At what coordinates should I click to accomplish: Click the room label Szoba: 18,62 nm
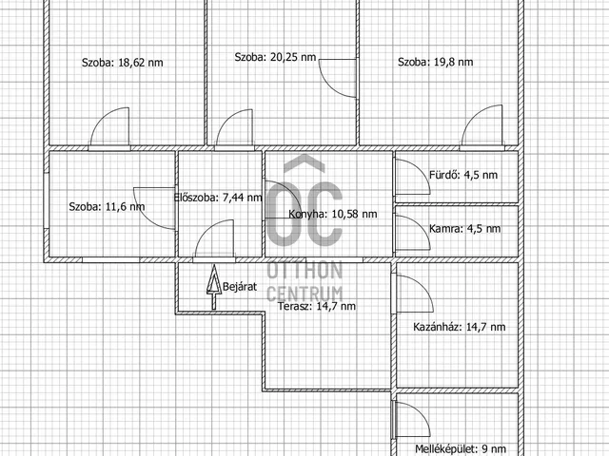pyautogui.click(x=123, y=63)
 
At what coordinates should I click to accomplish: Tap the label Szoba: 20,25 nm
pyautogui.click(x=275, y=57)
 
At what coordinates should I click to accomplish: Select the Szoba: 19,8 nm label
pyautogui.click(x=436, y=62)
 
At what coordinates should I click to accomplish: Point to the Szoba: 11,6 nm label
pyautogui.click(x=107, y=207)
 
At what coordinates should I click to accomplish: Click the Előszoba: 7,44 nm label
pyautogui.click(x=218, y=198)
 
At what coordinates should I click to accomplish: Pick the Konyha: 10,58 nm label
pyautogui.click(x=333, y=214)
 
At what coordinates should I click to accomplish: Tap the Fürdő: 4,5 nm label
pyautogui.click(x=463, y=175)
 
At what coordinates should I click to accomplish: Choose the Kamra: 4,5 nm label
pyautogui.click(x=464, y=229)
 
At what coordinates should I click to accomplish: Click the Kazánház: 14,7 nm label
pyautogui.click(x=460, y=327)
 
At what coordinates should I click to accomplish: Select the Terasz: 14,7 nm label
pyautogui.click(x=317, y=306)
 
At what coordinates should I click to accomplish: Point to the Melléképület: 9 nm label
pyautogui.click(x=461, y=449)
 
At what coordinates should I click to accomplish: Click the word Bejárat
pyautogui.click(x=240, y=287)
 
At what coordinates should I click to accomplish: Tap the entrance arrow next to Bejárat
pyautogui.click(x=213, y=287)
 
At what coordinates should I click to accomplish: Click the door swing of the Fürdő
pyautogui.click(x=421, y=170)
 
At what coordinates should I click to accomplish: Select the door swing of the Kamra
pyautogui.click(x=421, y=225)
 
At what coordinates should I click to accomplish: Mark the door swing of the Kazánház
pyautogui.click(x=422, y=286)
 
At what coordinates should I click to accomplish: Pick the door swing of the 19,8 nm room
pyautogui.click(x=473, y=116)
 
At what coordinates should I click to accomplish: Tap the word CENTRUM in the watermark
pyautogui.click(x=304, y=294)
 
